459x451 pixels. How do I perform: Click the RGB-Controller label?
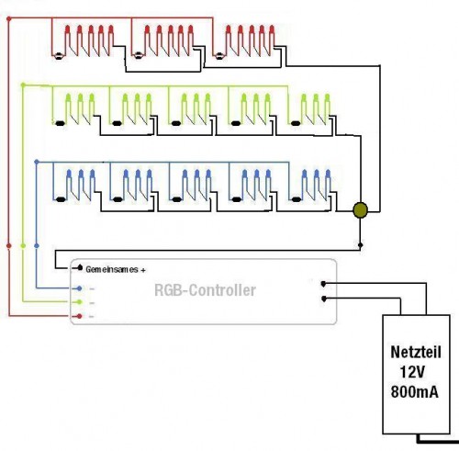[205, 291]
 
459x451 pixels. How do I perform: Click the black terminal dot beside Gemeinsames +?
[75, 270]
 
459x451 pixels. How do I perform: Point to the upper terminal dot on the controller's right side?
[323, 283]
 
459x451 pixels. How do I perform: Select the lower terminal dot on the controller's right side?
[323, 298]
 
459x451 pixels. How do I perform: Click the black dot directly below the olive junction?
[361, 245]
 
